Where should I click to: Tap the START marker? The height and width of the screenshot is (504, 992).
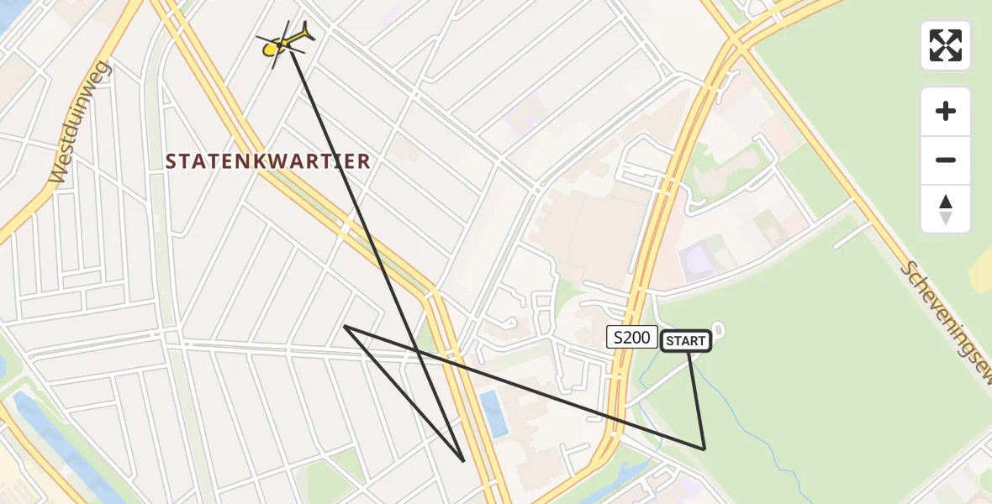click(x=686, y=340)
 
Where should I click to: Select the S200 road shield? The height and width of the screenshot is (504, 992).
click(x=631, y=338)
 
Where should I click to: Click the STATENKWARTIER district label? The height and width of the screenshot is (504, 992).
click(x=268, y=161)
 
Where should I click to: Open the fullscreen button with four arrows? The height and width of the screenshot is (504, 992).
click(x=945, y=45)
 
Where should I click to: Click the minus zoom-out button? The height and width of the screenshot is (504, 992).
click(x=945, y=160)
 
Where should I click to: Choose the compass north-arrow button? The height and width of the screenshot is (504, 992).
click(x=945, y=209)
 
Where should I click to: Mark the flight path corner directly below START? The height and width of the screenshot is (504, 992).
click(x=704, y=449)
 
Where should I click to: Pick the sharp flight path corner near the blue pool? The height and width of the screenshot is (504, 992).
click(x=464, y=460)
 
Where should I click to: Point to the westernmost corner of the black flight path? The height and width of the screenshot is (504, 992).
click(x=345, y=327)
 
